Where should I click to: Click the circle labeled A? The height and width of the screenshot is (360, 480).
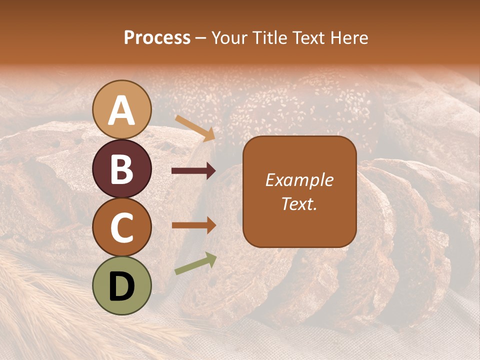(x=122, y=109)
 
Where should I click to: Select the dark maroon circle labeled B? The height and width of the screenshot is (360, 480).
(x=122, y=168)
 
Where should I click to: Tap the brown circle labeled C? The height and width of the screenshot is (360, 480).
(x=122, y=227)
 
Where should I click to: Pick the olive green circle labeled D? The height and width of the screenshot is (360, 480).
(x=122, y=285)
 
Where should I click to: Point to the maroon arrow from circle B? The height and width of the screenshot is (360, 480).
(x=193, y=171)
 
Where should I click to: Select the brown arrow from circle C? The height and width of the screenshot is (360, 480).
(x=193, y=225)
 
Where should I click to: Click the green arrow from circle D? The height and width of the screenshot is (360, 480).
(x=195, y=263)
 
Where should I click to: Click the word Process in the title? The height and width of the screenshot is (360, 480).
(x=157, y=37)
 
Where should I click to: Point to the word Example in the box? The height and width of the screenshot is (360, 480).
(x=299, y=180)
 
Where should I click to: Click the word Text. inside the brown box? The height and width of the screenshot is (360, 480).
(x=299, y=203)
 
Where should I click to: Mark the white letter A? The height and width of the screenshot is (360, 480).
(x=122, y=110)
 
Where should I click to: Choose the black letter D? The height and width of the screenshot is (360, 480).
(x=122, y=286)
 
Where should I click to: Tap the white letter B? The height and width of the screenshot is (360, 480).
(x=122, y=169)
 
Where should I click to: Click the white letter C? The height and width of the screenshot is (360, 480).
(x=122, y=227)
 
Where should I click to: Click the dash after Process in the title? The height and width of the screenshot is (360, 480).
(x=201, y=38)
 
